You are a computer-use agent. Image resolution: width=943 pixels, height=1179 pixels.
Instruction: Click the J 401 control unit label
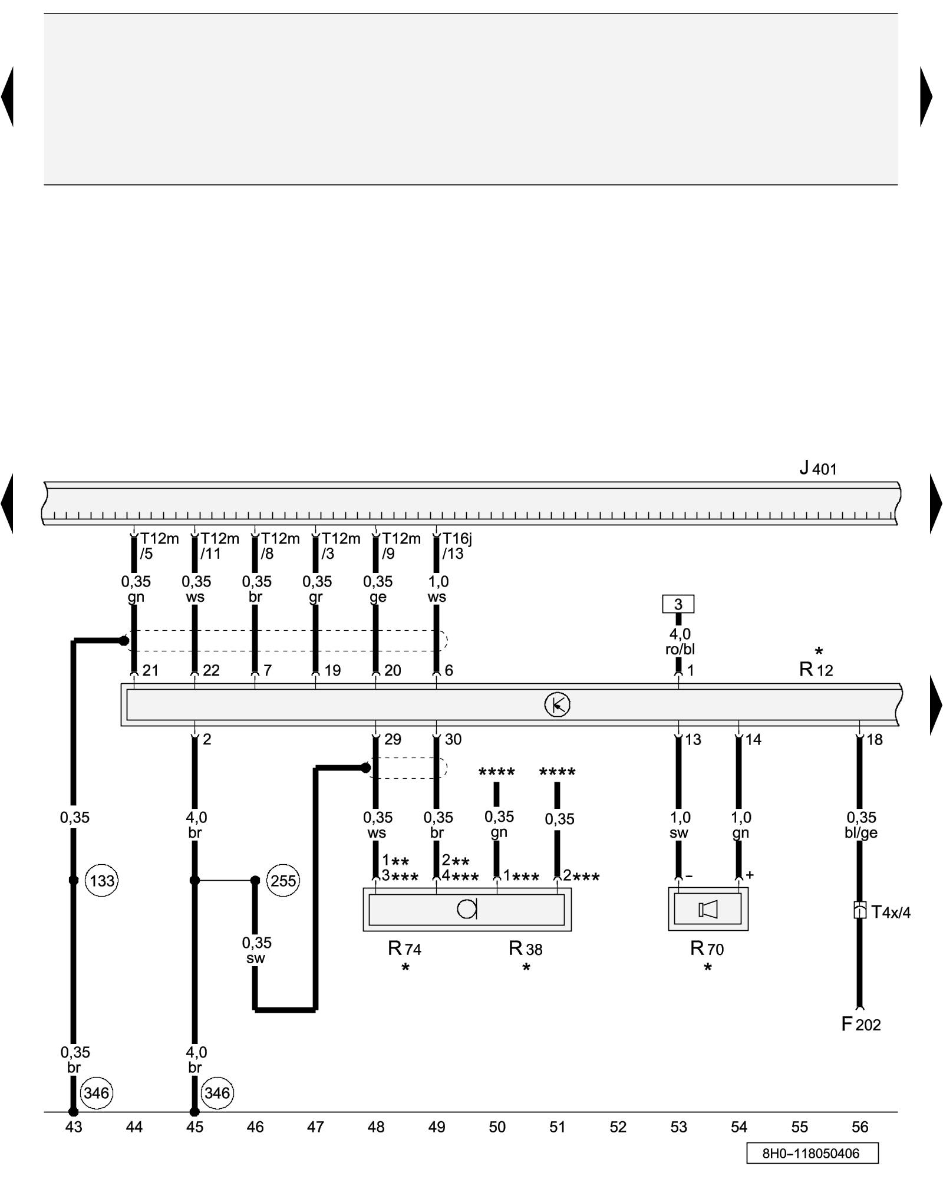point(817,469)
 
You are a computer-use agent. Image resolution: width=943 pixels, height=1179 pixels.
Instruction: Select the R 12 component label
point(816,670)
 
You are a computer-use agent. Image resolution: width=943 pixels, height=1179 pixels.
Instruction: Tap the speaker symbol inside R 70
point(708,910)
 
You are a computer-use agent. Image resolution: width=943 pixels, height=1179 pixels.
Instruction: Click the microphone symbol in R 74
point(467,910)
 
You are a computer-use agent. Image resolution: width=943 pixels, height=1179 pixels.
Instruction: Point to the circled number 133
point(102,881)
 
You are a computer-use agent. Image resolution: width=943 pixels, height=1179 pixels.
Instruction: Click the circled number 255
point(283,881)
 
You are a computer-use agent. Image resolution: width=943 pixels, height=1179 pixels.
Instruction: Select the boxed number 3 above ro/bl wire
point(678,604)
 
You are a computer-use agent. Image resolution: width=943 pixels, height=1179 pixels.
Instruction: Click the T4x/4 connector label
point(891,913)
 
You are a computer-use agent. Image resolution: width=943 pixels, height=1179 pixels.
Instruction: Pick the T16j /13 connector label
point(456,546)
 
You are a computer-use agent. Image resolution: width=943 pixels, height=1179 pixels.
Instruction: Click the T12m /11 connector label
point(219,546)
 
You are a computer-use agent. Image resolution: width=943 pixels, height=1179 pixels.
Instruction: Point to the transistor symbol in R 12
point(557,704)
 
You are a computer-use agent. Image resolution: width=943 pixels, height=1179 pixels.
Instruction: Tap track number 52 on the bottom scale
point(618,1127)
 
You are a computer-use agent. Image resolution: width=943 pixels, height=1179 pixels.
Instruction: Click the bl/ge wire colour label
point(861,833)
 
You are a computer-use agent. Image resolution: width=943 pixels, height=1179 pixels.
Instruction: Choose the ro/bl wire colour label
point(680,650)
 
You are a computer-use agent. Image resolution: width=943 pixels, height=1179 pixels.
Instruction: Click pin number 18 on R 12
point(875,739)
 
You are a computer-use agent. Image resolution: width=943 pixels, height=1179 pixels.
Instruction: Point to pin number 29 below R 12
point(393,739)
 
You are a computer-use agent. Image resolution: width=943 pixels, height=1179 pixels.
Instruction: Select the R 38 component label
point(526,949)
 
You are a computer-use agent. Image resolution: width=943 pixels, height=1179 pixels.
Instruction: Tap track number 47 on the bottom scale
point(315,1127)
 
